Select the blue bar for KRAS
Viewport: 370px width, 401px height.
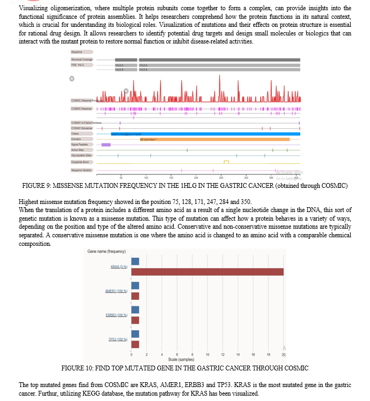point(135,261)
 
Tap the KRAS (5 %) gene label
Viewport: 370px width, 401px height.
point(118,267)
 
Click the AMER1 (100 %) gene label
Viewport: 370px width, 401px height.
point(115,291)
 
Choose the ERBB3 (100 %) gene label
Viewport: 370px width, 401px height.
point(115,315)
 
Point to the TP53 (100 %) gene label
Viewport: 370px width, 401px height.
point(116,339)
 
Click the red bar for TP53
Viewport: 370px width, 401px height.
point(135,344)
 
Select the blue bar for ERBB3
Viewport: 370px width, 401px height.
point(135,310)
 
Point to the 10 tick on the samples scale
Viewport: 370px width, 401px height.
point(207,355)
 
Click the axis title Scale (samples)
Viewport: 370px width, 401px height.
point(180,359)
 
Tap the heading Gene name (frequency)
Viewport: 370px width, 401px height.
point(106,252)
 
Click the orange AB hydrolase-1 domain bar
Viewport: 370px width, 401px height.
point(214,139)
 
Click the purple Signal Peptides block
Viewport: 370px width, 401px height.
point(106,144)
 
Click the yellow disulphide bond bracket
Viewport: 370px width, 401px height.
point(226,161)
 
